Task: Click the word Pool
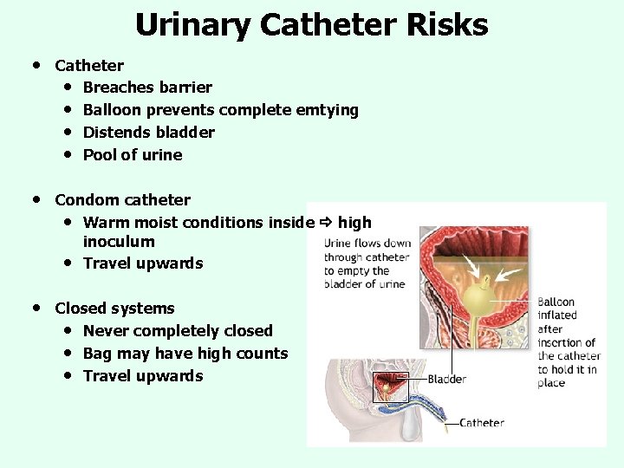[x=99, y=155]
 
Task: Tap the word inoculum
[x=119, y=242]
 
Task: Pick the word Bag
[x=97, y=354]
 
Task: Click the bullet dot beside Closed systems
[x=36, y=308]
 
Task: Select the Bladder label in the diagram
[x=447, y=379]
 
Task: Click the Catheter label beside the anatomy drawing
[x=482, y=423]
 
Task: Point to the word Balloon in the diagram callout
[x=556, y=302]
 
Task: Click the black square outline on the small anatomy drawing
[x=389, y=387]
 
